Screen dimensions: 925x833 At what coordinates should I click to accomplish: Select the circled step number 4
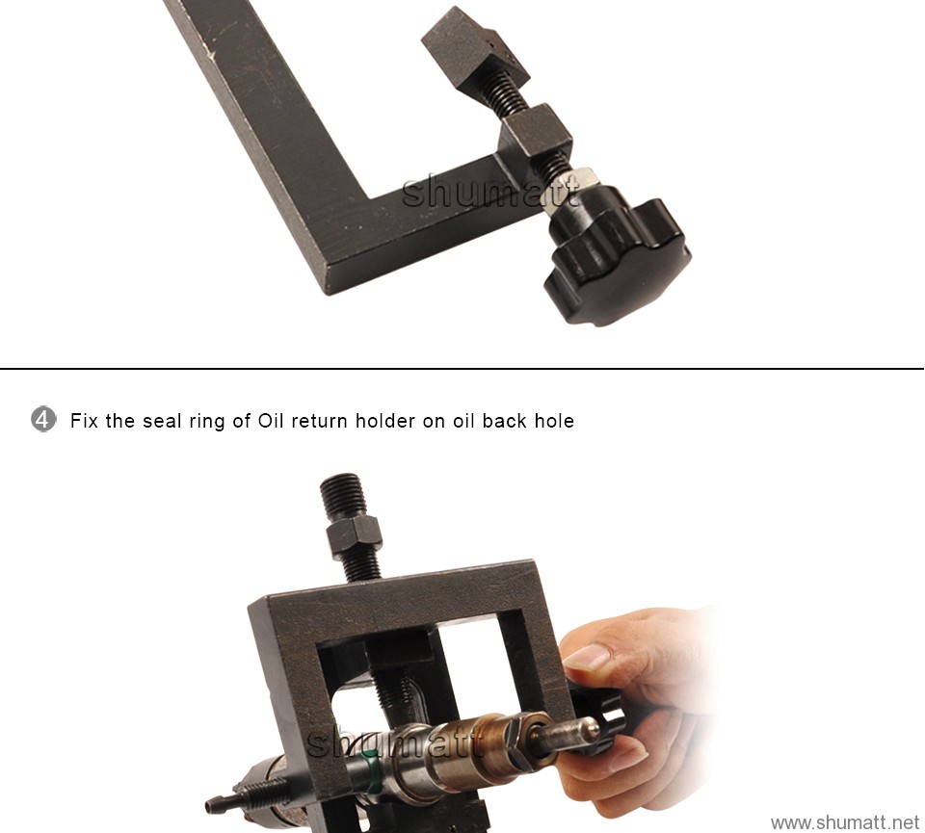coord(43,420)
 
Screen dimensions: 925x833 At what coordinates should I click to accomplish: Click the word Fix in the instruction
coord(85,421)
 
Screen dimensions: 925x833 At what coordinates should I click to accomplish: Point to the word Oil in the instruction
coord(272,421)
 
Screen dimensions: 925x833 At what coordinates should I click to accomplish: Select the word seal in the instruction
coord(162,421)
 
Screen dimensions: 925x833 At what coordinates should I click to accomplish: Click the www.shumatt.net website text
coord(845,821)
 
